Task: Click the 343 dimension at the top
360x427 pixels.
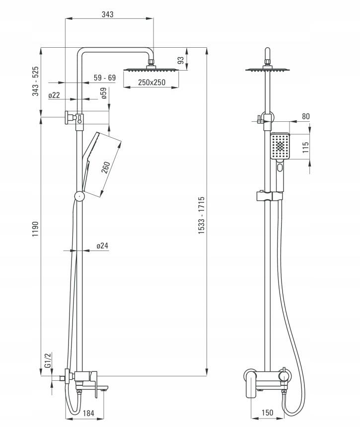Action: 107,14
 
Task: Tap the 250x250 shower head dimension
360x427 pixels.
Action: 151,82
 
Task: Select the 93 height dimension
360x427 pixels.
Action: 181,60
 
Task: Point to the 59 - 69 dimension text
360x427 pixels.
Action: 105,78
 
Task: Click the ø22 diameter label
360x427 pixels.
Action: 54,95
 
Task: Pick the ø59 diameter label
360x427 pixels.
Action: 104,93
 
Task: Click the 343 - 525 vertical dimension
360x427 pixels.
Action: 36,81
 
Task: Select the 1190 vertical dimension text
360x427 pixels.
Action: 36,229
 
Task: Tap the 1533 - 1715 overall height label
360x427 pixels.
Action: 201,215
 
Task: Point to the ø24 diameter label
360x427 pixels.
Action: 102,246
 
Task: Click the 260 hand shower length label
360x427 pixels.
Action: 106,168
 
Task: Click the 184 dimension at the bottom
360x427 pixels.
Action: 88,413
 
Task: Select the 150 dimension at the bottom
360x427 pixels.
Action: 267,413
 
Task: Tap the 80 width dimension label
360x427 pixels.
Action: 306,116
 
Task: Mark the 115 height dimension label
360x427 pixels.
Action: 306,147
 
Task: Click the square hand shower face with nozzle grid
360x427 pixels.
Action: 280,146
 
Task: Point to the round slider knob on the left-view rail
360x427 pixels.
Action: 79,196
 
